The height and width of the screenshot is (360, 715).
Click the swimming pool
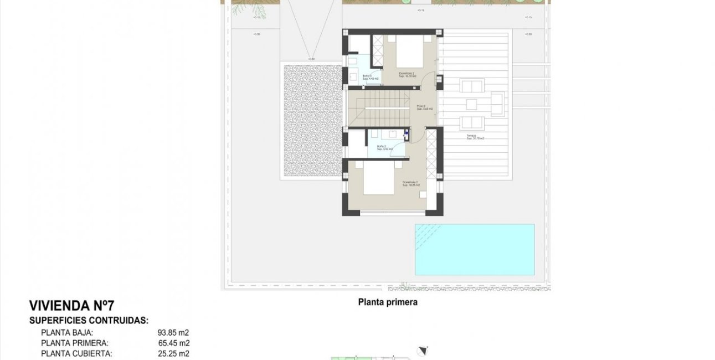click(475, 249)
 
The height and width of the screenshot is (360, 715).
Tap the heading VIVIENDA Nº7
click(71, 306)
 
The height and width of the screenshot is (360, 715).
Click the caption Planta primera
click(387, 302)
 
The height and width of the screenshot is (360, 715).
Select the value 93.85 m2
click(173, 333)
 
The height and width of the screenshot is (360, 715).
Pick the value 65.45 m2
click(173, 343)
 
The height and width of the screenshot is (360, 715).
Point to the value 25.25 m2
click(173, 353)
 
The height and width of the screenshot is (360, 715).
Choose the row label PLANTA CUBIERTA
click(76, 353)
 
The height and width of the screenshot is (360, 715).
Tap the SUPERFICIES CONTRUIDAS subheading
click(89, 320)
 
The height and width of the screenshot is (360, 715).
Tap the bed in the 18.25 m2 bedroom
click(379, 178)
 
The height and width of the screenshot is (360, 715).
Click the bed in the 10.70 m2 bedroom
click(409, 54)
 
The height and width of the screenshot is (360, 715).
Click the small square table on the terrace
click(472, 104)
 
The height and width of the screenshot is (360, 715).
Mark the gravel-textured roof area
click(312, 121)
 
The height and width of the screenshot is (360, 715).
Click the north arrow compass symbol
click(424, 349)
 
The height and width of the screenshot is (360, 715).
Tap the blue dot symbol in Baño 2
click(406, 133)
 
